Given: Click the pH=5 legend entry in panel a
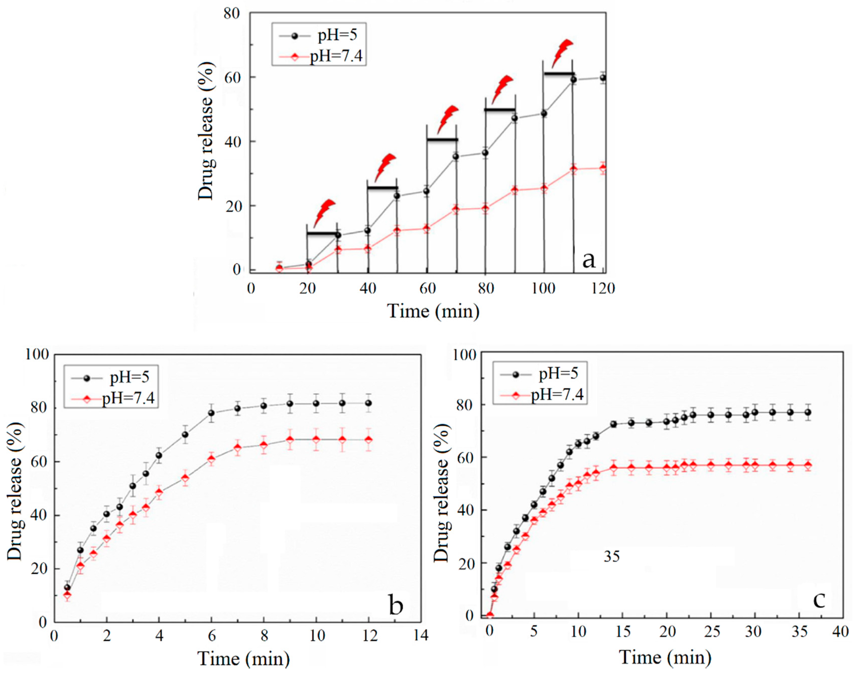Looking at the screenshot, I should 337,35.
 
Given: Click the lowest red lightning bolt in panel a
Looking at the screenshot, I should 324,213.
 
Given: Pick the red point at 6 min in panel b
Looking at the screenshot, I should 211,459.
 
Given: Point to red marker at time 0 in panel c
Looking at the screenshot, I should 490,615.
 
